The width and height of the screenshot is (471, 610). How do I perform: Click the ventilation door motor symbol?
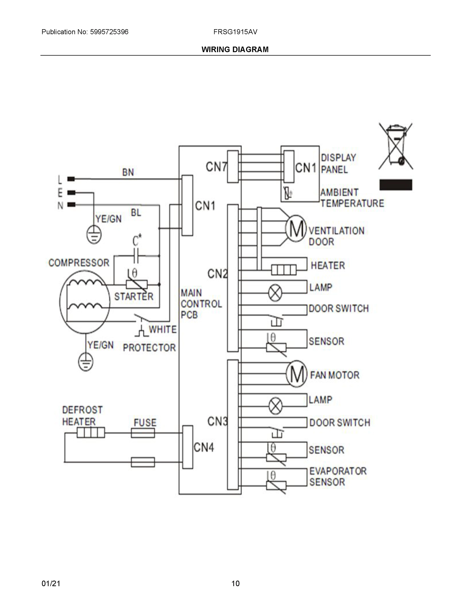pos(296,228)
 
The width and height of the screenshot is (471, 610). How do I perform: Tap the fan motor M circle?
pos(297,375)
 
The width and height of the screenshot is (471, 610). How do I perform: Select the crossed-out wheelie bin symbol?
pos(395,146)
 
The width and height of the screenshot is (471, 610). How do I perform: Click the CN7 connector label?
pos(216,167)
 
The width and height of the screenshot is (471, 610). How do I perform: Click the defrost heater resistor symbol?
pos(91,433)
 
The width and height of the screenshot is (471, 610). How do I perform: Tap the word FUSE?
pos(145,422)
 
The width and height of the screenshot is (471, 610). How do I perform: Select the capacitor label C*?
pos(137,240)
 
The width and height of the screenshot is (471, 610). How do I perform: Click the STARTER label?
pos(134,296)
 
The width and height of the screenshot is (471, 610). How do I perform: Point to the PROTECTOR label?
pos(149,347)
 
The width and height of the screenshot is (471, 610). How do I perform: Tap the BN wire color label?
pos(128,172)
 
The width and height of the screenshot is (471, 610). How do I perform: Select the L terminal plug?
pos(71,179)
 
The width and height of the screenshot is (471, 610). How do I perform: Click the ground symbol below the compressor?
pos(85,362)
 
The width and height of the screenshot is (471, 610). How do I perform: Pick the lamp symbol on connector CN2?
pos(275,293)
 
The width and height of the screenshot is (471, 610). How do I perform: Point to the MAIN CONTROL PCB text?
pos(201,304)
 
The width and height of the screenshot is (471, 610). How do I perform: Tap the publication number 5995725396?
pos(109,32)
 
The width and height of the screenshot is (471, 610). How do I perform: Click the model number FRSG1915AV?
pos(235,32)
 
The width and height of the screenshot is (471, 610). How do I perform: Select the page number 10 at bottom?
pos(235,583)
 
